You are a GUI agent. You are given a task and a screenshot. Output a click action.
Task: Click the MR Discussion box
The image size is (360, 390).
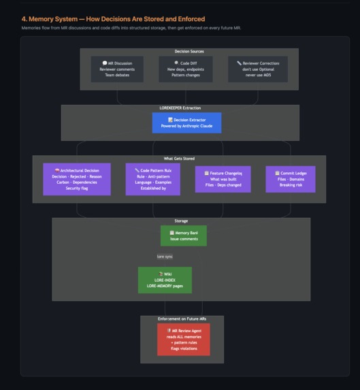point(117,69)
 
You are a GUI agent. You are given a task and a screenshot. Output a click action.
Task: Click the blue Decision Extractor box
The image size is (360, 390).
point(186,123)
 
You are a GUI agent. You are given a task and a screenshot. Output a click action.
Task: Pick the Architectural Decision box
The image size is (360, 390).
point(77,179)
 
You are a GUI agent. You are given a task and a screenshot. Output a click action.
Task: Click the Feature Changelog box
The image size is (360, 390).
point(223,179)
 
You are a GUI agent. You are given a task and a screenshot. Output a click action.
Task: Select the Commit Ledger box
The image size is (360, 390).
point(291,179)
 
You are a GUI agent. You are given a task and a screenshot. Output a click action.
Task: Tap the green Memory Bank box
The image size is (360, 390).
point(184,235)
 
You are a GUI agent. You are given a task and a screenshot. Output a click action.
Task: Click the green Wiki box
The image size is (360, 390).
point(165,280)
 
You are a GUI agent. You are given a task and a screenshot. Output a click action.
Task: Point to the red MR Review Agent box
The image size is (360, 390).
point(184,339)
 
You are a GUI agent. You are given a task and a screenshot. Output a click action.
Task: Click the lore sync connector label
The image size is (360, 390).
point(165,257)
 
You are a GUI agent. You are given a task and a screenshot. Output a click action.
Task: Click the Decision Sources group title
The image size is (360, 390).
point(189,51)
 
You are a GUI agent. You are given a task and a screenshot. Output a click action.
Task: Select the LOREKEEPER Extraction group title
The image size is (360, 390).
point(180,108)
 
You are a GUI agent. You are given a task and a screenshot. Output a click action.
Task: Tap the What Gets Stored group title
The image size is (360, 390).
point(179,159)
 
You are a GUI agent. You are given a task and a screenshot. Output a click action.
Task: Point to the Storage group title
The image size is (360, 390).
point(181,221)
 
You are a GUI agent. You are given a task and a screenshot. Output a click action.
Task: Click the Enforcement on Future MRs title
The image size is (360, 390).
point(182,319)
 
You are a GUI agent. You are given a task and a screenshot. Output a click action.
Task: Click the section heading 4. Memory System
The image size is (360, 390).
point(113,19)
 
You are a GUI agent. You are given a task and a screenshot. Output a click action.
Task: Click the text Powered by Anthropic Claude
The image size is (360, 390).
point(186,126)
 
